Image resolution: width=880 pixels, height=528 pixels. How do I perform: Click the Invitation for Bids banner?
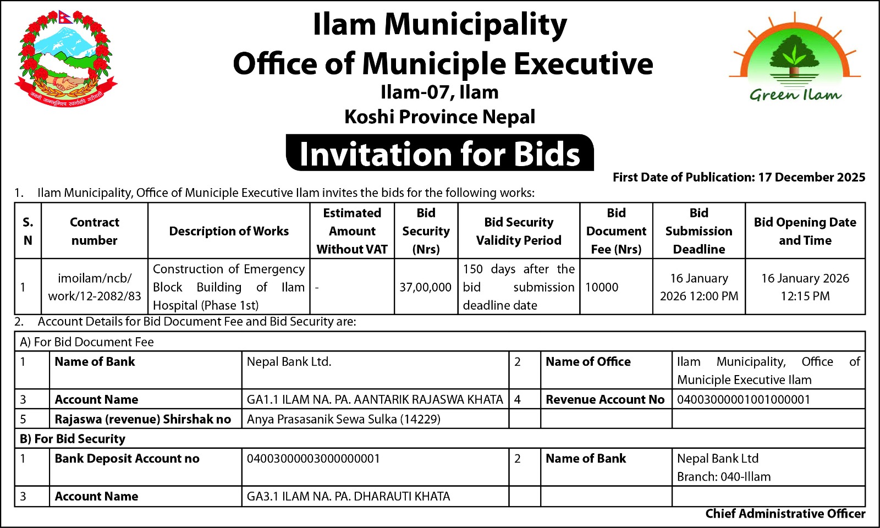(439, 153)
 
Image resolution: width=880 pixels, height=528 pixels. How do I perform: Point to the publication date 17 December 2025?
(811, 177)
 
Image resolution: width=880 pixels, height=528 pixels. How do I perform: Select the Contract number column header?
(94, 231)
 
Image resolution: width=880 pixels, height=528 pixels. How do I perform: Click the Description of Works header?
(229, 231)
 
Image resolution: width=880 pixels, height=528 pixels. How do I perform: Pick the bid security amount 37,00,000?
(425, 287)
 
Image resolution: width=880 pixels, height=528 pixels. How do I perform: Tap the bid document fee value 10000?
(602, 287)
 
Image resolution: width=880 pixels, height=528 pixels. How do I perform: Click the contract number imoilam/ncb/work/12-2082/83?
(94, 287)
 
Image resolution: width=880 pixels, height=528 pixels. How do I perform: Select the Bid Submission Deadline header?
(698, 231)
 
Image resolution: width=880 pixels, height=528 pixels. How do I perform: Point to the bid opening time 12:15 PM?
(805, 296)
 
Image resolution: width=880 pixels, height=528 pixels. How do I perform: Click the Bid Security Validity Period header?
(519, 231)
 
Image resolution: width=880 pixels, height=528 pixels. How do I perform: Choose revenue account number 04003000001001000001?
(744, 399)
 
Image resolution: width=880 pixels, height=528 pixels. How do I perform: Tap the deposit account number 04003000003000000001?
(313, 459)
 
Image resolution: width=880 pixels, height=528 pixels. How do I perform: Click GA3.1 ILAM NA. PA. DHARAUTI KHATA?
(348, 496)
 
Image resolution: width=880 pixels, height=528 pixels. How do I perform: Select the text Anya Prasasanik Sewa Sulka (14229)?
(344, 419)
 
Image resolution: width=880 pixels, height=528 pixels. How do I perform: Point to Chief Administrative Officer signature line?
(785, 514)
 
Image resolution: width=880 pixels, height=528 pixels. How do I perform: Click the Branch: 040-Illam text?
(724, 476)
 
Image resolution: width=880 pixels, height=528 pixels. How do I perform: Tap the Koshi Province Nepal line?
(439, 117)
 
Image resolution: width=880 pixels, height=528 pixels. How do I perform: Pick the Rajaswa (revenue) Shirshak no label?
(142, 419)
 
